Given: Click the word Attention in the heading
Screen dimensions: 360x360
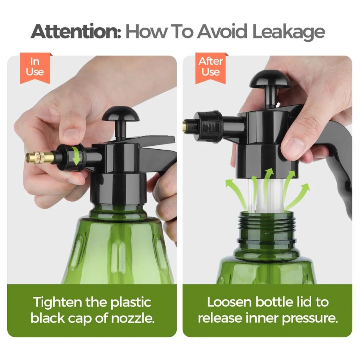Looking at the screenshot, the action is tap(75, 31).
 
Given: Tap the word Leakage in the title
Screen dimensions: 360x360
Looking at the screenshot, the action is tap(288, 32).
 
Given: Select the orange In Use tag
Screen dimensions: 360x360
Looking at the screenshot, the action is tap(35, 68).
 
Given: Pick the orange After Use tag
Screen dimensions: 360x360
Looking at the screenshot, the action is tap(210, 68).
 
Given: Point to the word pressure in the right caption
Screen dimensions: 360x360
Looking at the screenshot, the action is tap(310, 319).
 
